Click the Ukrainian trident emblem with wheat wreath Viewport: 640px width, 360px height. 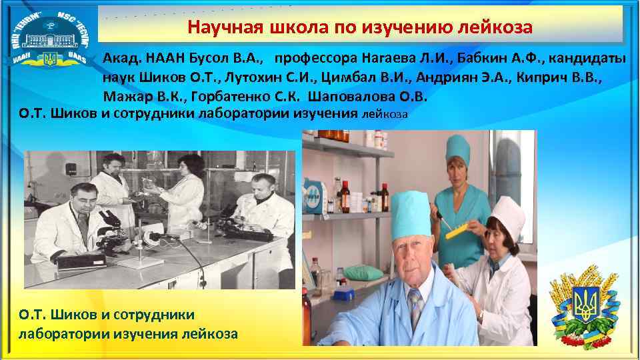tap(586, 304)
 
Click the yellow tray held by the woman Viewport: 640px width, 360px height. tap(459, 229)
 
